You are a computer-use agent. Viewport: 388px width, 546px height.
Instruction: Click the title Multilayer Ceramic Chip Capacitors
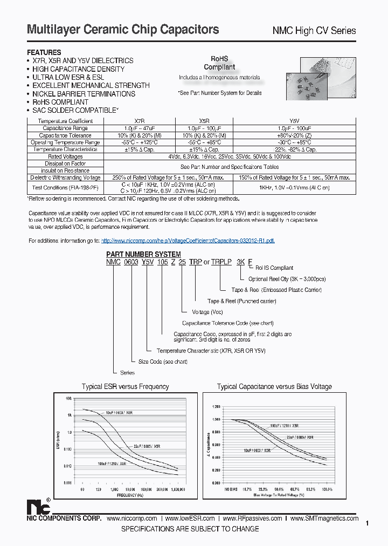(123, 30)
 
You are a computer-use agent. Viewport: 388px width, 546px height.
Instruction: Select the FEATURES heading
(44, 52)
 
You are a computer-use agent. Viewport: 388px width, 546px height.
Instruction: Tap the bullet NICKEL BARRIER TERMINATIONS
(84, 94)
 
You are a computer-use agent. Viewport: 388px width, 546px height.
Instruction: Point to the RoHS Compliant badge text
(219, 63)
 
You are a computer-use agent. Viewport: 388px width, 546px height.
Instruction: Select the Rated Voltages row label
(65, 156)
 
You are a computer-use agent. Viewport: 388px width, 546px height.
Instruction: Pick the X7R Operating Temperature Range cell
(138, 142)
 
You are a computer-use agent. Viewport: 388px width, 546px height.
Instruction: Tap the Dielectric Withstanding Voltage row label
(65, 178)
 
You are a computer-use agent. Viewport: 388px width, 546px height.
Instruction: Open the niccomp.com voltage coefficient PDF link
(188, 241)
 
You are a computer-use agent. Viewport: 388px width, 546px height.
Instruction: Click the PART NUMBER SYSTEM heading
(143, 254)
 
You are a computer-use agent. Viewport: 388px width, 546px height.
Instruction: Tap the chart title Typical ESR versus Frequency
(125, 387)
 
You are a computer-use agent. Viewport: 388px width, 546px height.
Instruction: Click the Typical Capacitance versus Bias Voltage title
(274, 387)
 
